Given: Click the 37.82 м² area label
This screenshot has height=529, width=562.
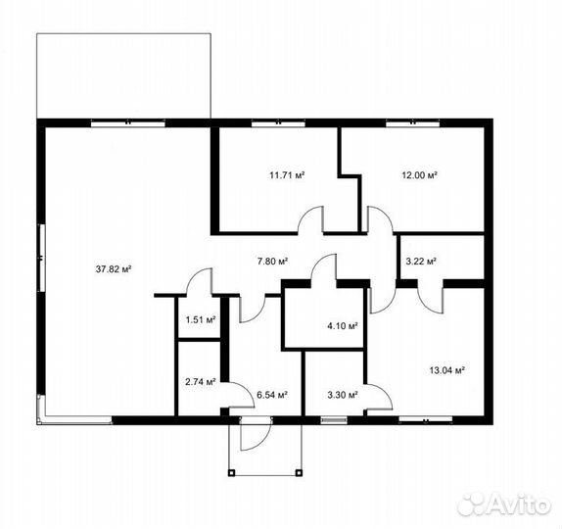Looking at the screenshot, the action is [x=113, y=268].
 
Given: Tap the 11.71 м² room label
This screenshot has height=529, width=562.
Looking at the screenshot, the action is [x=287, y=175].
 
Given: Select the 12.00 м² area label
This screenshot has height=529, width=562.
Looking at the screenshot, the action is [x=419, y=175].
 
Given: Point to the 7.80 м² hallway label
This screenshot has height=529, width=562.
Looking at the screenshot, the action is [x=273, y=262].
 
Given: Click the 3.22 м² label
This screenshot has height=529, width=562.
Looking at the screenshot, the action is [x=421, y=262].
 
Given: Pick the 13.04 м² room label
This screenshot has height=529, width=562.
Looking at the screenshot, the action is [x=446, y=369].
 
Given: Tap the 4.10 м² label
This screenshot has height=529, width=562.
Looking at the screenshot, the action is [x=343, y=326].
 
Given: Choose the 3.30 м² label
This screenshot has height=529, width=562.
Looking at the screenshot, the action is [x=343, y=395].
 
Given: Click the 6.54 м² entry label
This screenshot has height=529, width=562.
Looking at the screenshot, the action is [x=272, y=395].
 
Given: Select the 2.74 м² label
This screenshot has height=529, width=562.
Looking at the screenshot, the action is [x=201, y=382].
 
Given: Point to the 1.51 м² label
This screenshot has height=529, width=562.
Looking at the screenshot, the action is [x=201, y=319].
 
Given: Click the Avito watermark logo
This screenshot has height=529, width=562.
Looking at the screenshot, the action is [x=503, y=505].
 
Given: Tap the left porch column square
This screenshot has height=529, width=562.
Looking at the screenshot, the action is [x=231, y=471].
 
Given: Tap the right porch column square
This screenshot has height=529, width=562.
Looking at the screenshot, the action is [x=299, y=471].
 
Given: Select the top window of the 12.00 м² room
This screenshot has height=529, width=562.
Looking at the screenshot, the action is [x=412, y=124].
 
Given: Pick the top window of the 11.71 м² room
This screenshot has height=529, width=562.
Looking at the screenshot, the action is [x=278, y=124].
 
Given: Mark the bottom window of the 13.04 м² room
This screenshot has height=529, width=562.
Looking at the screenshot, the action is [x=426, y=420].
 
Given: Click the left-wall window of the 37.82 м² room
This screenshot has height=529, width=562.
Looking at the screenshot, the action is [x=42, y=258].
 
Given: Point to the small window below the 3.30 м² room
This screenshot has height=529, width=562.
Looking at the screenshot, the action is [x=334, y=420].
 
